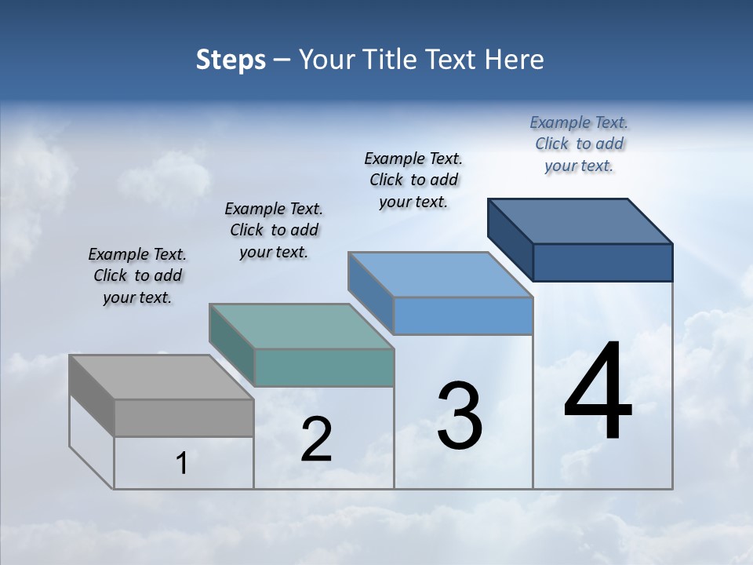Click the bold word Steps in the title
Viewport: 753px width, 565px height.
tap(231, 60)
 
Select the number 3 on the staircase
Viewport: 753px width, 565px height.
tap(460, 415)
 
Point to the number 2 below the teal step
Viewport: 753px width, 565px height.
tap(316, 440)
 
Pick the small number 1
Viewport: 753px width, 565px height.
tap(182, 464)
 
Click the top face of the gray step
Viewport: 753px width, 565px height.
tap(161, 377)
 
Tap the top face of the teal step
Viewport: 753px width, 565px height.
tap(301, 326)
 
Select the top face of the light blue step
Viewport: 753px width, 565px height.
tap(441, 275)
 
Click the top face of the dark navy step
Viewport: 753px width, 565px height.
tap(580, 221)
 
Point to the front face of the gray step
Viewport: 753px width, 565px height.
tap(184, 417)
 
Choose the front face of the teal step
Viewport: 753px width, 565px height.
tap(324, 367)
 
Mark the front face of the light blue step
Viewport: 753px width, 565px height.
tap(463, 315)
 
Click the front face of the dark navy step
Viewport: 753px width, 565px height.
tap(602, 262)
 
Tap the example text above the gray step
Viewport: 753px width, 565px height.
tap(137, 275)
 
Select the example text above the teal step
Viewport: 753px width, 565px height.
tap(274, 230)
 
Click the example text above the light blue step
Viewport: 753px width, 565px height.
tap(413, 180)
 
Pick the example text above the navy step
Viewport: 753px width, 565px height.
tap(579, 144)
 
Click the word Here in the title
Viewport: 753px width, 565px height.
tap(515, 60)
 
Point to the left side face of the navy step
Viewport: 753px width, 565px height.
tap(510, 239)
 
